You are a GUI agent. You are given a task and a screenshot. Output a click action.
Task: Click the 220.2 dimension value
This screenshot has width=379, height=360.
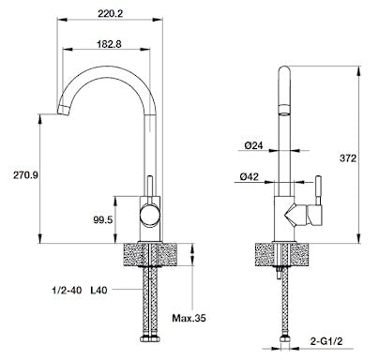point(110,13)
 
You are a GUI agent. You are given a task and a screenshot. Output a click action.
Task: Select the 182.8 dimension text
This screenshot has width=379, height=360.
point(109,44)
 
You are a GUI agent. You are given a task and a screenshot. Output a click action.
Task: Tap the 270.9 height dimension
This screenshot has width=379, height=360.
point(25,175)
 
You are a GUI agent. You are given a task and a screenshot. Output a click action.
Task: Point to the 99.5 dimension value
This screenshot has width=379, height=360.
point(102,219)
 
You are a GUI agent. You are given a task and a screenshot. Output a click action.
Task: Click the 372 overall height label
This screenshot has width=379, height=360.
point(348,158)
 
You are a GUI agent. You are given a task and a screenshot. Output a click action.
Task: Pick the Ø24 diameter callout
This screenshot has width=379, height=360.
point(253,145)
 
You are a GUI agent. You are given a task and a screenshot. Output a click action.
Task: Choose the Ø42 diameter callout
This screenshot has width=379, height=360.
point(250,176)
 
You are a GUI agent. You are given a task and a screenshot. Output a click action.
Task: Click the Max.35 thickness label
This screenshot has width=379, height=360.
point(189,318)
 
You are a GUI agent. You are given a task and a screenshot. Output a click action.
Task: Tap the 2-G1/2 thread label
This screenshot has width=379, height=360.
point(326,341)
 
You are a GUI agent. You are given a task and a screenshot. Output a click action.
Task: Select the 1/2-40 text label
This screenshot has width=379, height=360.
point(67,290)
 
